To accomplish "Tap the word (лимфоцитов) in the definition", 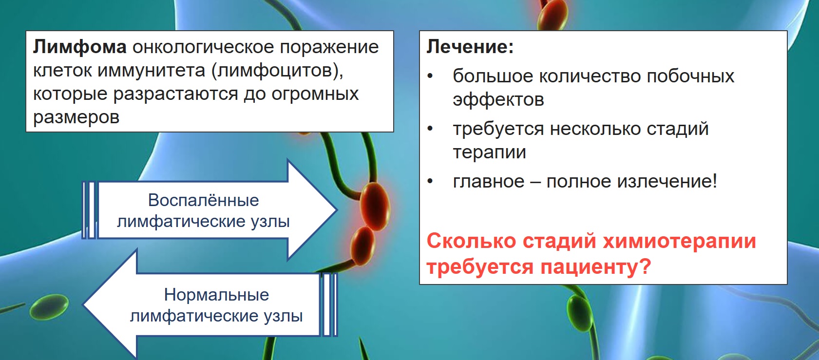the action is tap(278, 70).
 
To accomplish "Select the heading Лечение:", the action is tap(470, 47).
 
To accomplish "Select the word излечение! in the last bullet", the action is tap(667, 181).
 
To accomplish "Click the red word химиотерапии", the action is tap(679, 242).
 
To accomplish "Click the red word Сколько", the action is tap(472, 242).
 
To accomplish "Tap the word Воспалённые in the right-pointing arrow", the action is tap(203, 201).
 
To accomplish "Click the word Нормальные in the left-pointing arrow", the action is tap(216, 295).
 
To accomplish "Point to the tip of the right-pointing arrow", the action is tap(337, 210).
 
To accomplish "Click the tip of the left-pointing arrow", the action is tap(84, 304).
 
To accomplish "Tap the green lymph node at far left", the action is tap(49, 307).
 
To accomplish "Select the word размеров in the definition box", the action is tap(76, 118).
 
